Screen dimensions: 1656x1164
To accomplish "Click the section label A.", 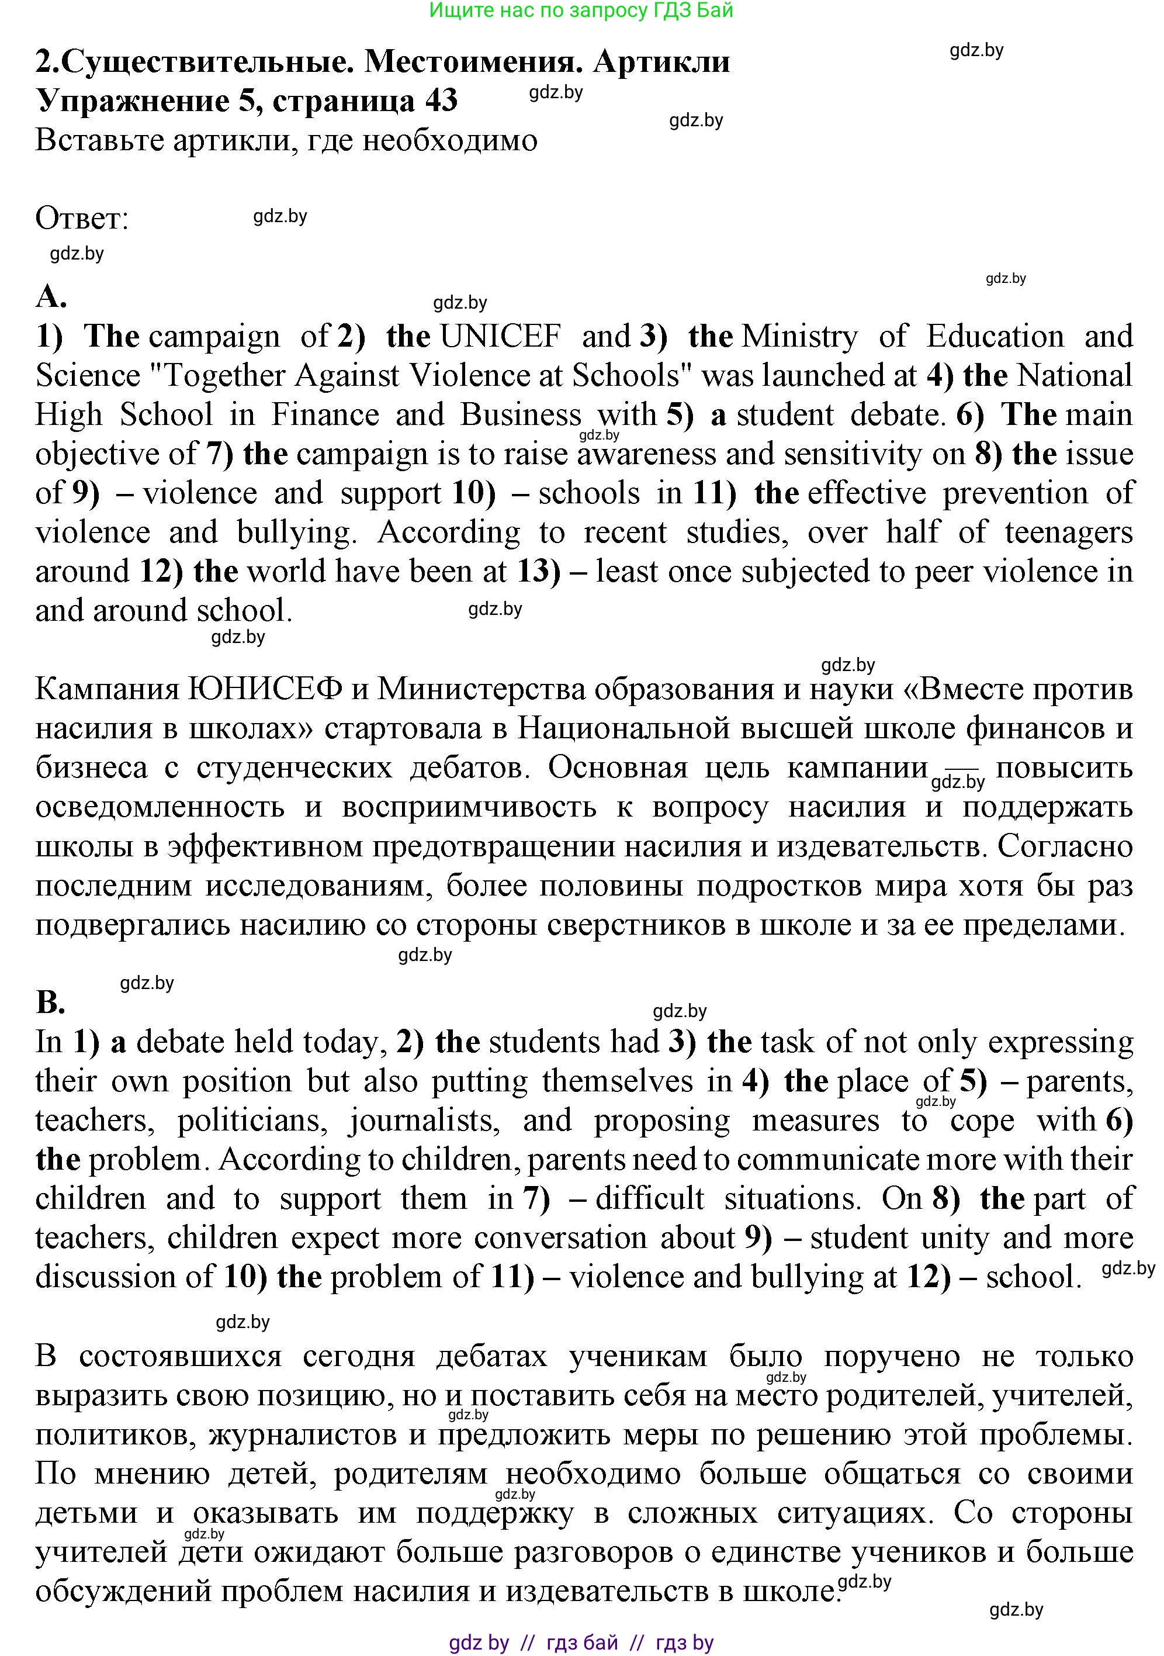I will pyautogui.click(x=50, y=296).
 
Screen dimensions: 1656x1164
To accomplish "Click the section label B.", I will pyautogui.click(x=50, y=1002).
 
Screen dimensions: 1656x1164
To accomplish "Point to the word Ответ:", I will pyautogui.click(x=81, y=219).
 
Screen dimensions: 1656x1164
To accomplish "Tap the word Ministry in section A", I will pyautogui.click(x=800, y=337).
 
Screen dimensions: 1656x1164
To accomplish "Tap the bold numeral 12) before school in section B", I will pyautogui.click(x=930, y=1277).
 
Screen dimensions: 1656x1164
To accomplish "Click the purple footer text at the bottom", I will pyautogui.click(x=581, y=1643).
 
